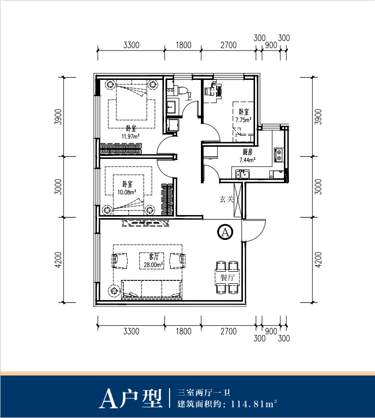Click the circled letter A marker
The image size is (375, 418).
click(x=226, y=232)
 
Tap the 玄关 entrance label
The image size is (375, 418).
click(x=226, y=199)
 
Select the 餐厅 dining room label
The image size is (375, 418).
click(x=227, y=277)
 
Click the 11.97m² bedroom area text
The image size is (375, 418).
click(x=131, y=137)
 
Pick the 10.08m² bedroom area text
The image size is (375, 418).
click(x=127, y=192)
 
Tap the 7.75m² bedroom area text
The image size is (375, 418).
click(x=243, y=120)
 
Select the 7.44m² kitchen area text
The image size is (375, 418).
click(x=247, y=160)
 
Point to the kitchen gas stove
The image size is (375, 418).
click(x=278, y=155)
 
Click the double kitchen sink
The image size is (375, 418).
click(x=242, y=174)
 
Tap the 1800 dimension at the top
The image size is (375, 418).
click(x=183, y=45)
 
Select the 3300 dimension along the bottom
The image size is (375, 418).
click(x=131, y=331)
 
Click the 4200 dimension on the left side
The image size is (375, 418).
click(x=58, y=260)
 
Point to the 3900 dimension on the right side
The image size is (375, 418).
click(x=318, y=117)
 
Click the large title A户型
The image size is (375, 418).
click(x=131, y=399)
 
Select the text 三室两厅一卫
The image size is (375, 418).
click(x=204, y=393)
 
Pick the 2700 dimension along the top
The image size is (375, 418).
click(x=228, y=45)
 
